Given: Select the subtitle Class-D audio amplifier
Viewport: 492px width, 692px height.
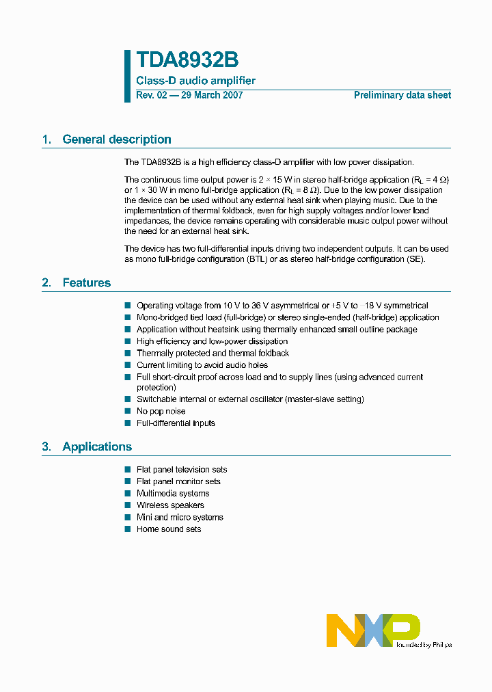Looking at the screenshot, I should point(195,81).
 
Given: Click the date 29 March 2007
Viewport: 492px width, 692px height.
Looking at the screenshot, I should point(211,95).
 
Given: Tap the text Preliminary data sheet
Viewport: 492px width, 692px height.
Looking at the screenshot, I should point(402,95).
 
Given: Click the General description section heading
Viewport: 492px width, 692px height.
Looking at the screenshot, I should point(116,139).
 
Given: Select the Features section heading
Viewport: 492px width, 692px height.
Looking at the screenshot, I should point(86,283).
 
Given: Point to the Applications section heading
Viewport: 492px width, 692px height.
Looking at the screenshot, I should point(96,447).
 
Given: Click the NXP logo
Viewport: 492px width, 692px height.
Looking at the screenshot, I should point(373,629).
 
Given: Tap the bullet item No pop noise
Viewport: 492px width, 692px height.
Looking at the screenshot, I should point(161,411).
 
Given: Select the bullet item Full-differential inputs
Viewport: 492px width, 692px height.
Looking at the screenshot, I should point(176,423).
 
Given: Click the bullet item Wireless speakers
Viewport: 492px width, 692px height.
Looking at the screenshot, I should point(170,505).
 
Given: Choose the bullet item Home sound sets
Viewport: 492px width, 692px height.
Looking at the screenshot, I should point(169,529).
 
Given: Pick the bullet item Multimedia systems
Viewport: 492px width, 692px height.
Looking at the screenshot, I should point(173,494).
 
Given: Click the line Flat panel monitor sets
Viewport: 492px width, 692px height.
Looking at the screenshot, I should point(178,481).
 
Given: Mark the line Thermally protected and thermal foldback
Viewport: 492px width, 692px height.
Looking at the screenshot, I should point(213,354).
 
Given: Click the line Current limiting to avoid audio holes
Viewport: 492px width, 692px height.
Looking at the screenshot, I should point(202,365).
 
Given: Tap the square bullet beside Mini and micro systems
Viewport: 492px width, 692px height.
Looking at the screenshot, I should point(128,518).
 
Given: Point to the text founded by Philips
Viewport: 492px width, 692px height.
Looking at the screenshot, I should point(424,644).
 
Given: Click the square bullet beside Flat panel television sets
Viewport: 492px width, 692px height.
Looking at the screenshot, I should point(128,470).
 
